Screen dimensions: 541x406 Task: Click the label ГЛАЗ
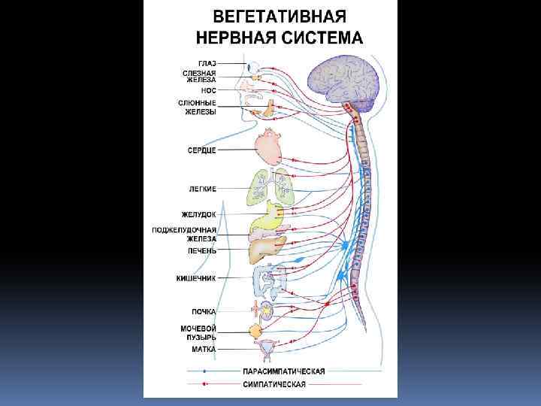(x=207, y=62)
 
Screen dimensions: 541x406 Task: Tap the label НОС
(x=210, y=90)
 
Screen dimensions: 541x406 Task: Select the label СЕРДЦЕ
(x=201, y=150)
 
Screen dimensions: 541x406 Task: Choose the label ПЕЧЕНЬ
(x=202, y=250)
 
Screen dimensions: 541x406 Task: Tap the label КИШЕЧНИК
(x=197, y=278)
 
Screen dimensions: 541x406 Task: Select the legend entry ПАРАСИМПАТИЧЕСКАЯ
(x=283, y=371)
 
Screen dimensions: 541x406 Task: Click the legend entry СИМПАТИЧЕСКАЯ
(x=274, y=384)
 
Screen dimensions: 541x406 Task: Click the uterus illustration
(x=266, y=348)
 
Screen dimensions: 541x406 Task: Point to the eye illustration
(x=256, y=64)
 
